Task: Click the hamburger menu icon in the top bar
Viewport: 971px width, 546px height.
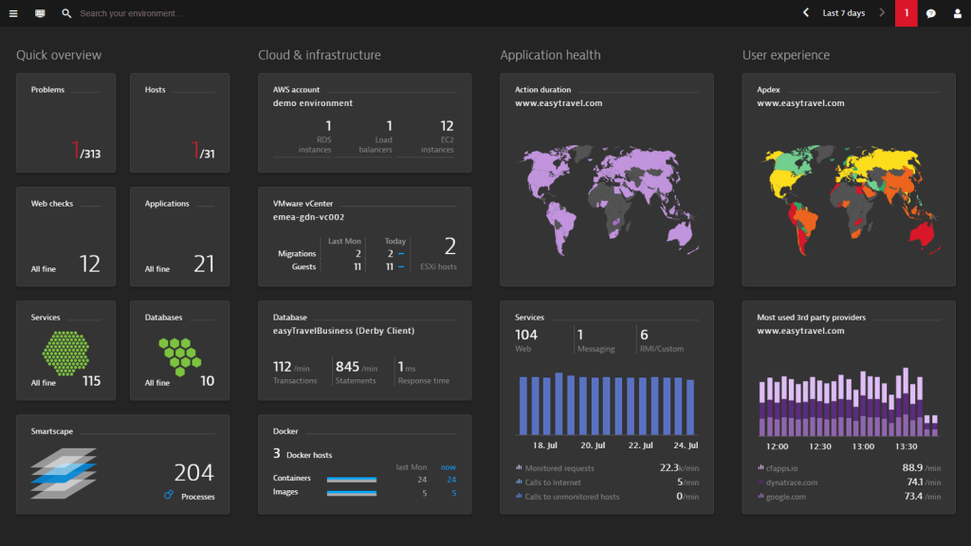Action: point(13,13)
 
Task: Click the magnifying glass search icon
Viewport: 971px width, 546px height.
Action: point(66,13)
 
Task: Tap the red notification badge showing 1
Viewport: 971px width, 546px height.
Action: point(906,13)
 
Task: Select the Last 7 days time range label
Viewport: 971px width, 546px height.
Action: point(843,13)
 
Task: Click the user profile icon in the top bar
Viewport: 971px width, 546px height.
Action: point(957,13)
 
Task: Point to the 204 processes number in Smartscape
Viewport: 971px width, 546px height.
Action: point(193,472)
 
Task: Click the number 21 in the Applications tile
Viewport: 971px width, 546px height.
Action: point(204,264)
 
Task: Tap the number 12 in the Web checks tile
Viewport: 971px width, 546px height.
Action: point(90,264)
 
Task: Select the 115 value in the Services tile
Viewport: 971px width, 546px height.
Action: point(91,381)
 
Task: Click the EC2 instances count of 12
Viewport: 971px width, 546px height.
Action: point(447,126)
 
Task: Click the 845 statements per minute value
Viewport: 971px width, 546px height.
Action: point(347,367)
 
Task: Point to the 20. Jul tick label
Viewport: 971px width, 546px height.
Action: point(593,445)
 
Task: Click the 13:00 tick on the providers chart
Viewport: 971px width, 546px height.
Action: point(863,446)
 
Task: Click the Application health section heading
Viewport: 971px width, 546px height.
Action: point(550,55)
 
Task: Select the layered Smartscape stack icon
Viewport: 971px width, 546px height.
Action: point(64,472)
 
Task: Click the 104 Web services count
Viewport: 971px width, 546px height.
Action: point(525,335)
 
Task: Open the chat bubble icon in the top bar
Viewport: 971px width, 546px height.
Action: point(931,13)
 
